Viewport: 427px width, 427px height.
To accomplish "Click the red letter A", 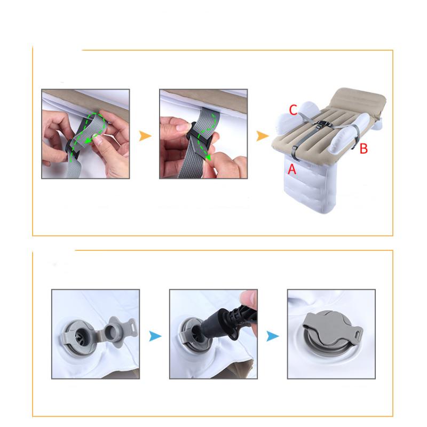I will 291,169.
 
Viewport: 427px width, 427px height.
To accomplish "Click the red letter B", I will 363,149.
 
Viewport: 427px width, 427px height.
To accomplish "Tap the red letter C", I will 293,110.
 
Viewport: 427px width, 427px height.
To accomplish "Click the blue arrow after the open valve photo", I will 155,336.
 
